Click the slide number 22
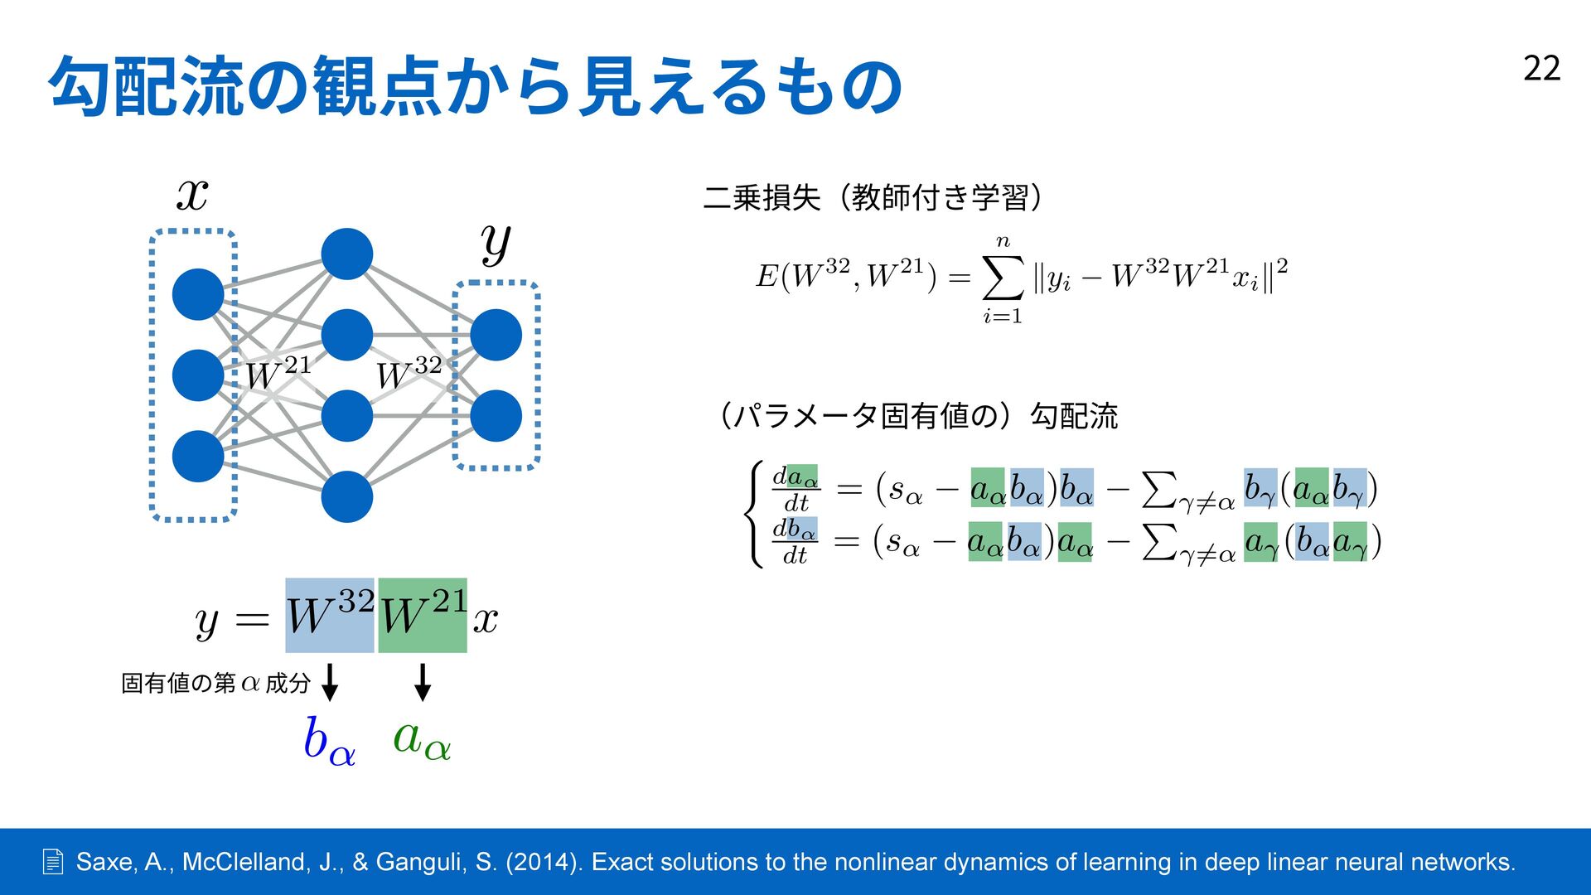[x=1541, y=69]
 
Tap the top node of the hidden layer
[x=346, y=254]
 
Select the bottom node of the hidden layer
[x=346, y=496]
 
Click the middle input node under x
[x=198, y=375]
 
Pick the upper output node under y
[x=496, y=335]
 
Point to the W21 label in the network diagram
[x=278, y=373]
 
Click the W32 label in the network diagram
[x=409, y=373]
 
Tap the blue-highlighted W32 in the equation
[x=330, y=616]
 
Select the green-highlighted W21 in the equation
[x=423, y=616]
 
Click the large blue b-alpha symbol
[x=329, y=740]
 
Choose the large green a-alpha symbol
[x=422, y=738]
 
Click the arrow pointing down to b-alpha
[x=330, y=682]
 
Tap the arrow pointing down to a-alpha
[x=423, y=682]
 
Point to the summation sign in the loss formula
[x=1002, y=278]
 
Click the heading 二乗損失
[x=762, y=198]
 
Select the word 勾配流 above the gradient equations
[x=1074, y=415]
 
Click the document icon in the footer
[x=52, y=862]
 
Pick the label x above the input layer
[x=192, y=196]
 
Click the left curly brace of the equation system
[x=754, y=515]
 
